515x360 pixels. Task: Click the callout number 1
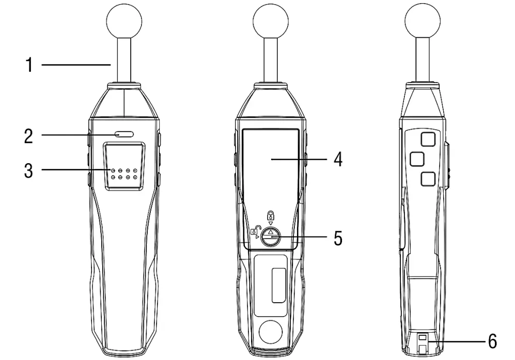click(29, 65)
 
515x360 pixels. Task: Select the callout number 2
click(29, 136)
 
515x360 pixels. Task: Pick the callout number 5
click(336, 239)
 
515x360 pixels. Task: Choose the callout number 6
click(491, 341)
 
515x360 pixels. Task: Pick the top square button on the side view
click(428, 138)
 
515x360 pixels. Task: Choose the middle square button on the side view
click(417, 159)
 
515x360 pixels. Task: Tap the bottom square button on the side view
click(428, 179)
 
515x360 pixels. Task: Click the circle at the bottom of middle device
click(270, 332)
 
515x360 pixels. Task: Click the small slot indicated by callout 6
click(422, 337)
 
